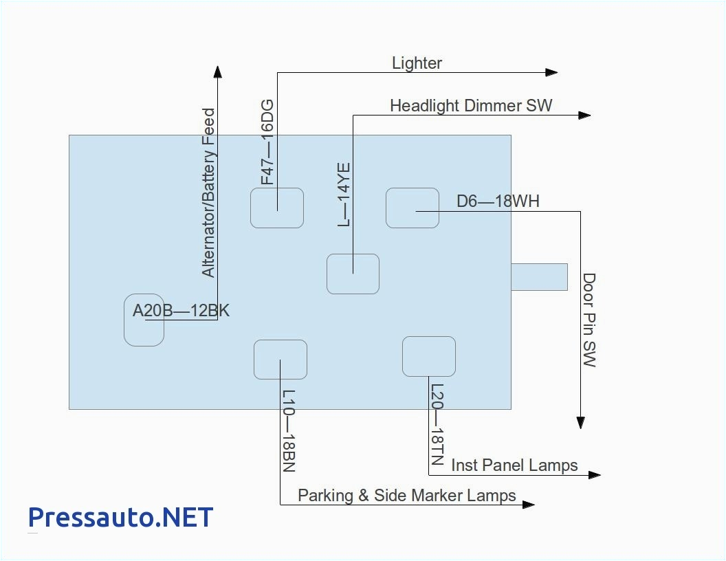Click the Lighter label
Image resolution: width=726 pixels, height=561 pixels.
417,63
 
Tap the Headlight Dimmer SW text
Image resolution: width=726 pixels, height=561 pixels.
471,106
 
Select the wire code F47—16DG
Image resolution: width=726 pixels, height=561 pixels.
267,142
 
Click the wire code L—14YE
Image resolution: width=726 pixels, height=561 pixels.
344,195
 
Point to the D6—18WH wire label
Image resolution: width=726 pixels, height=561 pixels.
498,201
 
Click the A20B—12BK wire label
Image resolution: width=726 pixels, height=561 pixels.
181,311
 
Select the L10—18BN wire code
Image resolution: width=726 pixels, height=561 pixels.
289,431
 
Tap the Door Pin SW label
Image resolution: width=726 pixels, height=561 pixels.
589,320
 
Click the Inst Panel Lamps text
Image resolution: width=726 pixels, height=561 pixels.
514,465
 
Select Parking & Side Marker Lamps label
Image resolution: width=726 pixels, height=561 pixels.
406,496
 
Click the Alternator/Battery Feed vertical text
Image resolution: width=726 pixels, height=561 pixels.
208,192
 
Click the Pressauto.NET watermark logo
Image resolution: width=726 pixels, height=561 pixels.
120,516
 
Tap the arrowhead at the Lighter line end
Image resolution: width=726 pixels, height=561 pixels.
551,72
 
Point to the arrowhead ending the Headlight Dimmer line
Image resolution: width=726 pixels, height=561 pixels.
584,115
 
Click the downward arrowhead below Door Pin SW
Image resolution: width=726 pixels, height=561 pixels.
581,423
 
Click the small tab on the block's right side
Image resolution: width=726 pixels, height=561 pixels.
539,276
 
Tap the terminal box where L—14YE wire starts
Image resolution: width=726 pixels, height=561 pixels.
353,274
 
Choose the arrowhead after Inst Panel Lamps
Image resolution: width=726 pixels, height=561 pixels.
594,474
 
